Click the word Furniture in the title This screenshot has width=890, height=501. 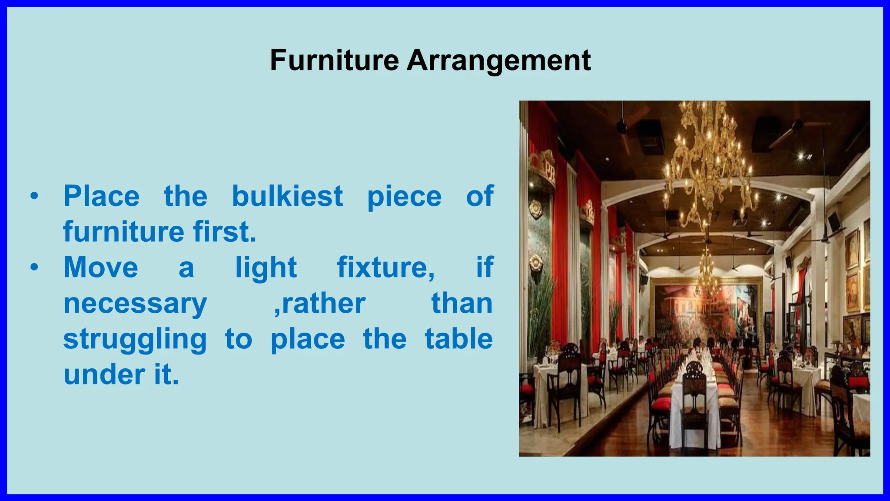tap(334, 60)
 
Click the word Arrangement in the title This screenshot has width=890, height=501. tap(498, 61)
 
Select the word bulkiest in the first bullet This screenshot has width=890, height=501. tap(287, 196)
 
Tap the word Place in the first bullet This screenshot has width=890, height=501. tap(102, 196)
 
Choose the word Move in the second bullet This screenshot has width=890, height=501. tap(101, 267)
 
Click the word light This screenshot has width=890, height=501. tap(266, 267)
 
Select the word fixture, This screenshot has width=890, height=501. tap(386, 267)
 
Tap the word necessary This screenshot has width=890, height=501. tap(135, 304)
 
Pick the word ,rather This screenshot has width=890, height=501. tap(320, 304)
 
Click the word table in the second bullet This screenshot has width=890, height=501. tap(458, 339)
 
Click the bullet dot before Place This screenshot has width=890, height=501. tap(34, 197)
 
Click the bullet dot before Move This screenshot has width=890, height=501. tap(34, 268)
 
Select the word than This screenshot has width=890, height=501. tap(462, 303)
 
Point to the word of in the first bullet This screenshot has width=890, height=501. tap(479, 196)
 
